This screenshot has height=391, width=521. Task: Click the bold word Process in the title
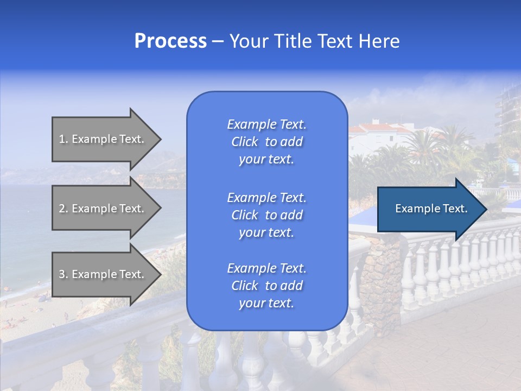tap(170, 41)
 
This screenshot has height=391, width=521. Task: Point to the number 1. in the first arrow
tap(63, 139)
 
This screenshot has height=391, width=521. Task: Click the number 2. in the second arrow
tap(63, 209)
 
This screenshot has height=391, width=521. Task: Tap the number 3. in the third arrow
tap(63, 274)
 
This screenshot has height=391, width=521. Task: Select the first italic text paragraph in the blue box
tap(266, 142)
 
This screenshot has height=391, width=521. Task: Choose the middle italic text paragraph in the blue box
tap(266, 215)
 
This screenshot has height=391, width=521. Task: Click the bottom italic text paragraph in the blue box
tap(266, 286)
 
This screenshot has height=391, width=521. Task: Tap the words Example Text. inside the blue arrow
tap(431, 209)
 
